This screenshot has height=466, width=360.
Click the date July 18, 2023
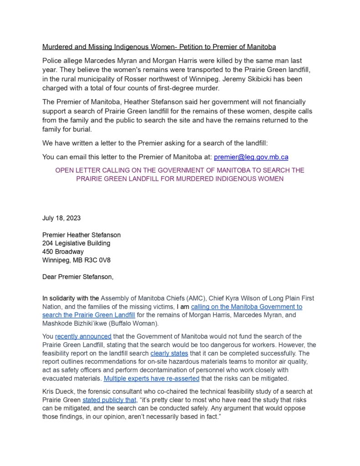pos(61,218)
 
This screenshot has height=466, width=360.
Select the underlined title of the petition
pos(159,47)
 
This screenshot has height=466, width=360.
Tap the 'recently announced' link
pos(83,336)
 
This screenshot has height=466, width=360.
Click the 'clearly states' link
pos(169,353)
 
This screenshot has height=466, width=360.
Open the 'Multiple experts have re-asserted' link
pos(152,378)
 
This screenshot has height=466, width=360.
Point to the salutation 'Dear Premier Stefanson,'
pos(78,277)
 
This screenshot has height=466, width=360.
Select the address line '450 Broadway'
pos(63,251)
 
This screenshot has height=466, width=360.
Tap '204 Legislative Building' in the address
pos(76,243)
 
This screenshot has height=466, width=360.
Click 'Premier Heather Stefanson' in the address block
pos(81,235)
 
